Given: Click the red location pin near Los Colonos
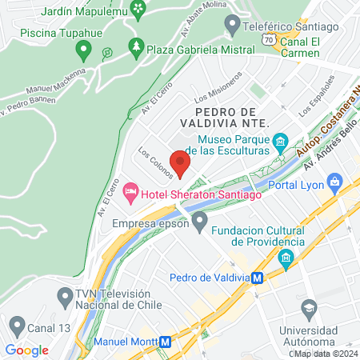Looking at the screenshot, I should point(180,162).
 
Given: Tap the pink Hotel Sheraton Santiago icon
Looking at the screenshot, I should point(130,190).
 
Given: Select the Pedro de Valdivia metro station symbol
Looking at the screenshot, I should point(258,278).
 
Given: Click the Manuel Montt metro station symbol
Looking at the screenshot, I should point(166,340).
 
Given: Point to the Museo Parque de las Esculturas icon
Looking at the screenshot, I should point(280,144).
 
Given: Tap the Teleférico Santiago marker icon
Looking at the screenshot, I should point(232,27).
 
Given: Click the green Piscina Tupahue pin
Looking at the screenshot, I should point(82,51).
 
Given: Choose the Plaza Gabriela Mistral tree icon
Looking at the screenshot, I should point(136,48).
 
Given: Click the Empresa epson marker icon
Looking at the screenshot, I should point(200,218).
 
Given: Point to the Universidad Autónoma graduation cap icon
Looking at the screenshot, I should point(308,307).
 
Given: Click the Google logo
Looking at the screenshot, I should point(26,350).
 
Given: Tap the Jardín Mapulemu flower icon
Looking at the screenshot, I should point(140,10).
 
